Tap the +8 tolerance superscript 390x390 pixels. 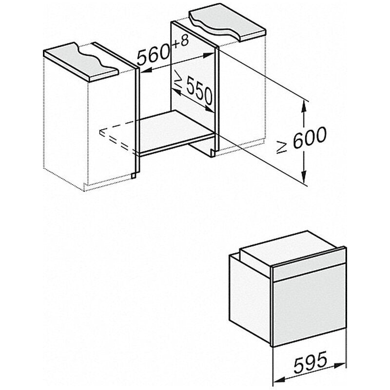tap(180, 42)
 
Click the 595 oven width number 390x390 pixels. tap(310, 362)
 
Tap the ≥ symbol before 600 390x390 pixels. tap(282, 148)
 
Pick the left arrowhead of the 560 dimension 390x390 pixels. tap(147, 70)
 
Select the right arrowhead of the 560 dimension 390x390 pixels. tap(209, 56)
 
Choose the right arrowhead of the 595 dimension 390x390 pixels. tap(340, 365)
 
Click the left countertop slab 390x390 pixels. tap(79, 62)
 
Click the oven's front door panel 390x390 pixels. tap(310, 307)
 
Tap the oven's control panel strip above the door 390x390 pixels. tap(309, 266)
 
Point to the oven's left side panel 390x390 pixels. tap(250, 300)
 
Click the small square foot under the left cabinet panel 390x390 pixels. tap(134, 175)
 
